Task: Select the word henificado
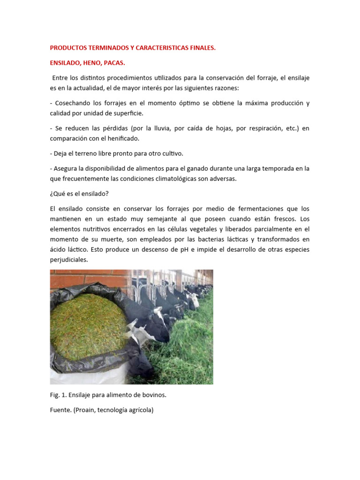(x=123, y=139)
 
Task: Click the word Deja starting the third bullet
(x=60, y=154)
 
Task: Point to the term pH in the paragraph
(x=185, y=249)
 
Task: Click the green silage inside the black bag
(x=89, y=323)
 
